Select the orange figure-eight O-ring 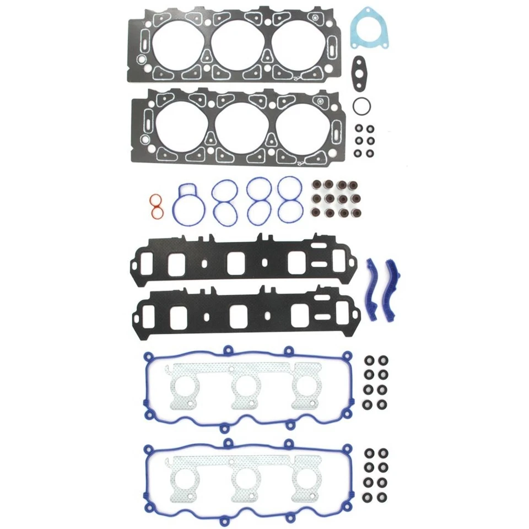[156, 205]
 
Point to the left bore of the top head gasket [177, 47]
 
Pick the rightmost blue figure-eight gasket [290, 199]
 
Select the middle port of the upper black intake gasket [236, 262]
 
